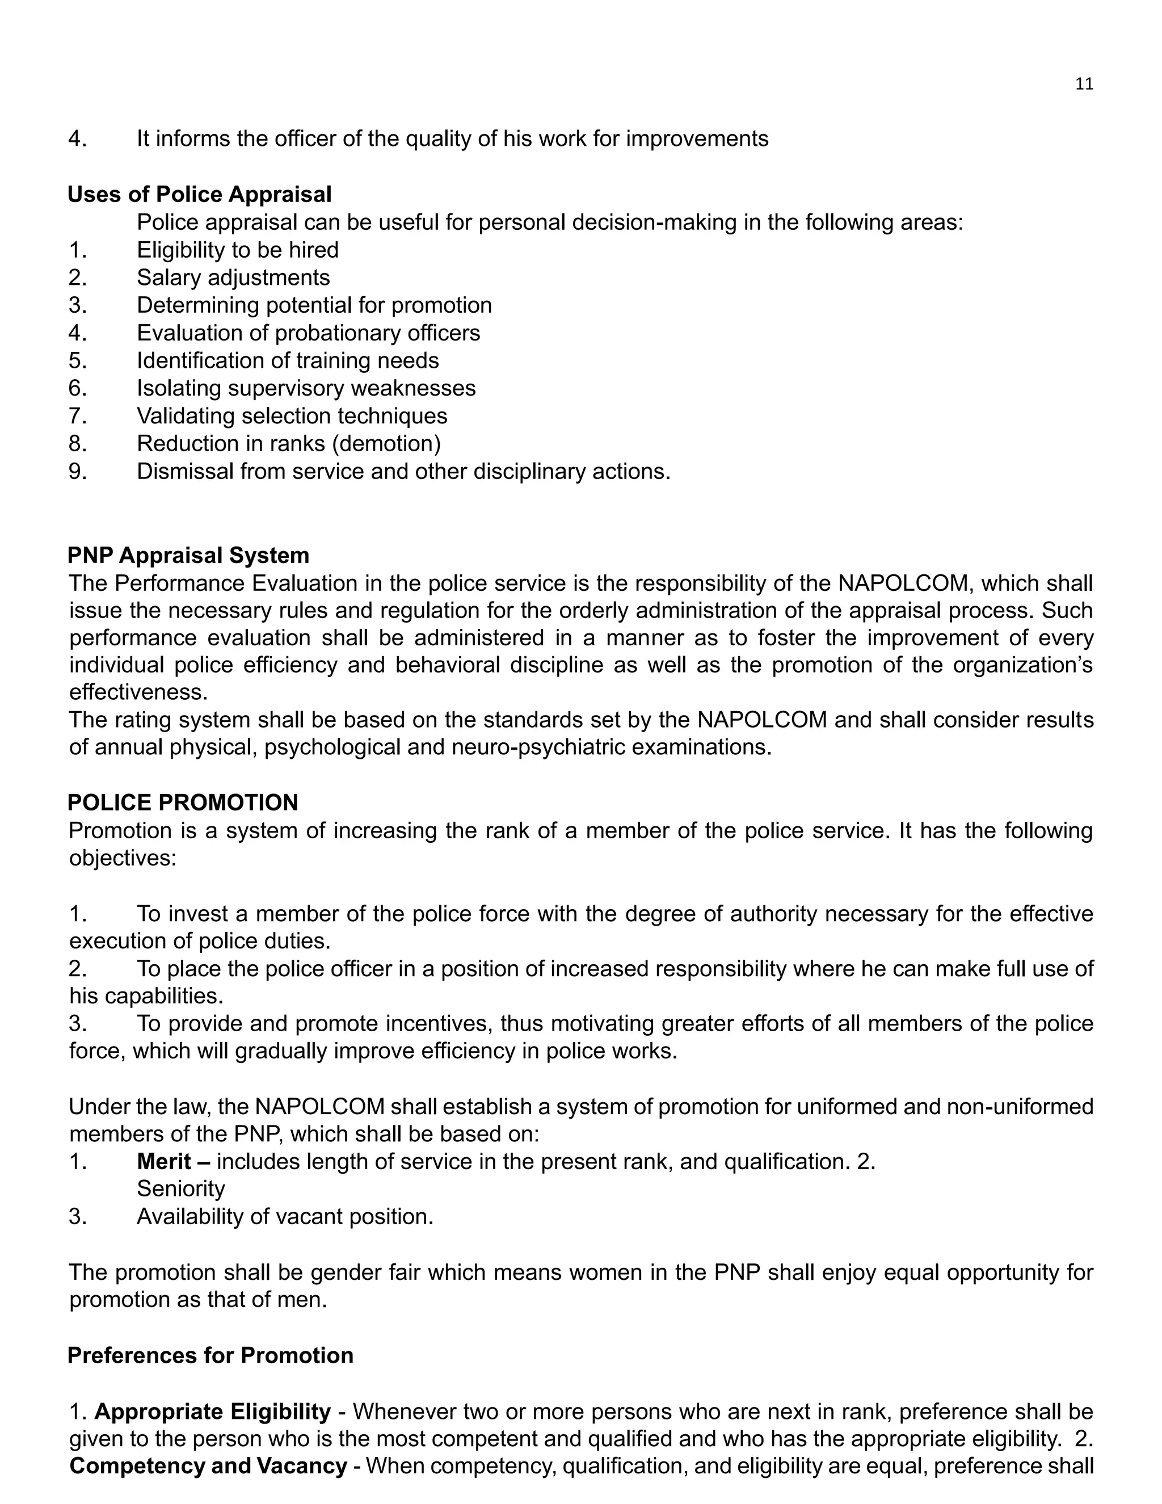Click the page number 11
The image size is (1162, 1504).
[1084, 84]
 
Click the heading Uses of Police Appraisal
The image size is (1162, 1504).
[200, 194]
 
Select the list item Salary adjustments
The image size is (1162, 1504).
[233, 278]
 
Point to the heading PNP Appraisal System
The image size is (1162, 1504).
[188, 555]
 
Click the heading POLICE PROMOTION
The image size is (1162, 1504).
[183, 803]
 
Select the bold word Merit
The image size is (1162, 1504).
[164, 1162]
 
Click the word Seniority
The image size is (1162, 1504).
[181, 1189]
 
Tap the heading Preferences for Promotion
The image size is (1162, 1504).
[210, 1355]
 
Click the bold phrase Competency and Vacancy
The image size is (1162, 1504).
[208, 1466]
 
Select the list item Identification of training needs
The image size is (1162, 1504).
[288, 360]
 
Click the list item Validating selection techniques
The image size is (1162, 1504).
[292, 416]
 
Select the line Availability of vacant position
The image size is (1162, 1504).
[285, 1217]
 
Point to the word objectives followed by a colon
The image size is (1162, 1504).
[123, 858]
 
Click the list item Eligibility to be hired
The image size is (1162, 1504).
[238, 250]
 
